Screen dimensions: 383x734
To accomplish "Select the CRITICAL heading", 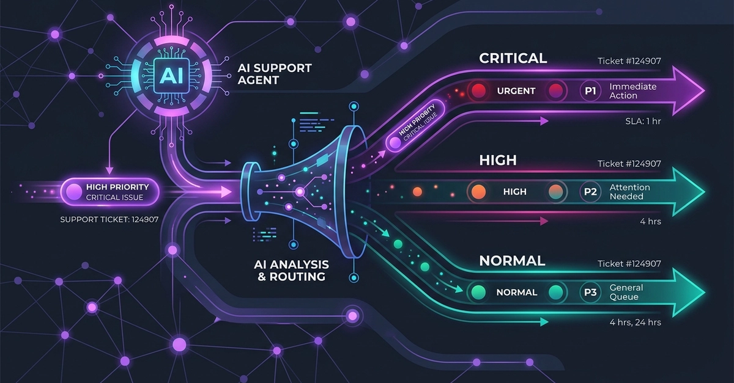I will [513, 59].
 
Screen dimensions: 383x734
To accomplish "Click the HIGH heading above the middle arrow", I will [498, 160].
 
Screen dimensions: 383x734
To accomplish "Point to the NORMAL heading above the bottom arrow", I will [512, 261].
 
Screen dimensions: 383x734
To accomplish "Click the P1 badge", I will [590, 91].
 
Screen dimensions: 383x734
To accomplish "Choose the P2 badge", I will [590, 192].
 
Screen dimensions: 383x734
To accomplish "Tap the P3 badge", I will [590, 293].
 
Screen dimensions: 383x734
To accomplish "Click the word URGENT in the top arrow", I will [516, 91].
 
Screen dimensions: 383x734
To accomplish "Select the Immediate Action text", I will [632, 91].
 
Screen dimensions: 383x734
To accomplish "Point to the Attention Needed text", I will [629, 192].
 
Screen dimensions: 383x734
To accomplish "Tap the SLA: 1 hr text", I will [640, 121].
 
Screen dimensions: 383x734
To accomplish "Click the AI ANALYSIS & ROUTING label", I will [291, 270].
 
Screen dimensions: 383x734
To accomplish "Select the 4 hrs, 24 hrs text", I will [635, 322].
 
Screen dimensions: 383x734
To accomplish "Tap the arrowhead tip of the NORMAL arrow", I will [703, 293].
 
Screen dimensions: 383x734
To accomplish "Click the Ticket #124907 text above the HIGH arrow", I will [629, 164].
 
